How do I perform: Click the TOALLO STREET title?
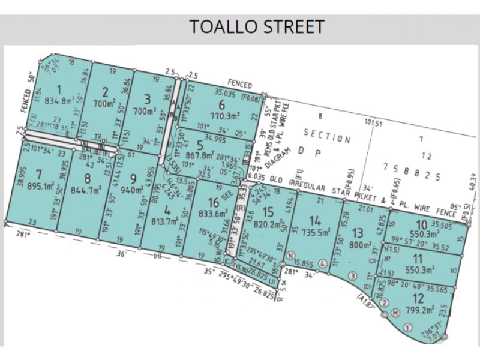pyautogui.click(x=257, y=27)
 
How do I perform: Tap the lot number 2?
pyautogui.click(x=106, y=92)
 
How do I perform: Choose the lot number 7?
pyautogui.click(x=38, y=175)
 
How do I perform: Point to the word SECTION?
pyautogui.click(x=327, y=135)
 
